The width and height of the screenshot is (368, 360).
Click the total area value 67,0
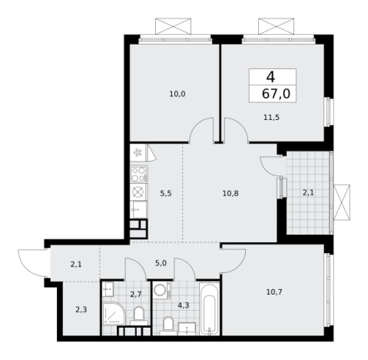tap(276, 94)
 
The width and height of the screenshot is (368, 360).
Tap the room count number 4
tap(270, 77)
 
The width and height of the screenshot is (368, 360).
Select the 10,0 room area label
tap(177, 94)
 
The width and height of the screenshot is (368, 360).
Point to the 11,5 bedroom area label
tap(271, 118)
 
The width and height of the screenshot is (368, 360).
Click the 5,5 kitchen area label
tap(166, 193)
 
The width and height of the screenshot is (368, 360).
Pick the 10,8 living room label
tap(230, 193)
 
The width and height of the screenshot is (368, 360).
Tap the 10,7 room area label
tap(274, 292)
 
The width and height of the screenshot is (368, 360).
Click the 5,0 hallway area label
tap(161, 263)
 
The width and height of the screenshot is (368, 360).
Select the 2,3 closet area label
tap(81, 310)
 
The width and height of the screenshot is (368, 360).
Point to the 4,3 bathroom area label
tap(184, 305)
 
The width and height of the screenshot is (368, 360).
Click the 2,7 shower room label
tap(136, 294)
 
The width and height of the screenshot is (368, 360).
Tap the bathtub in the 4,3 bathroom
tap(210, 308)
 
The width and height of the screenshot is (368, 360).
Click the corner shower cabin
tap(114, 314)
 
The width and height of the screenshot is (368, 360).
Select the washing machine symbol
tap(162, 290)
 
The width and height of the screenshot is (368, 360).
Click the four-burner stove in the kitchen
tap(138, 175)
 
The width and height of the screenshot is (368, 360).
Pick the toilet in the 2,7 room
tap(139, 315)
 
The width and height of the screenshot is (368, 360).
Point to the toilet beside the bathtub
tap(168, 326)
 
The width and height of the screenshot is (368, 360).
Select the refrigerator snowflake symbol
tap(138, 153)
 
